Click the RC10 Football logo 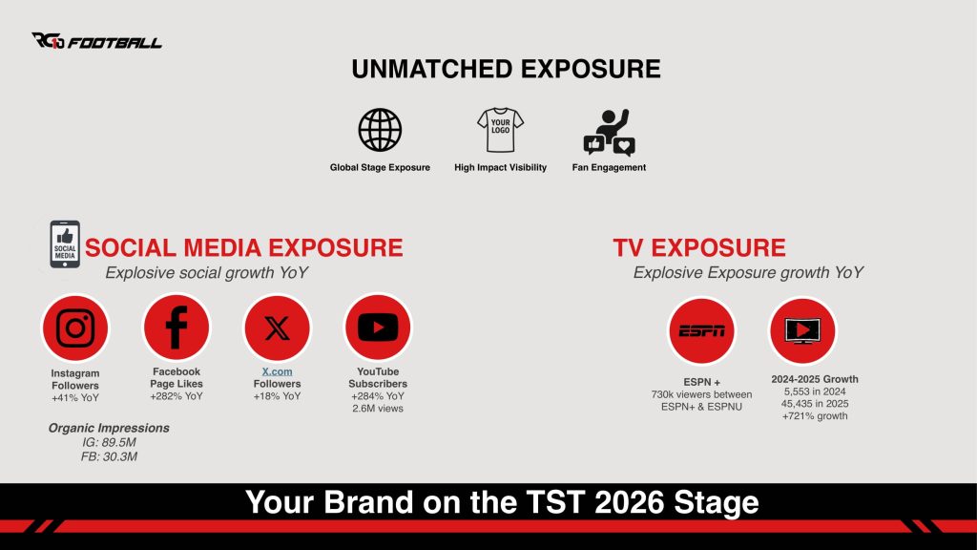click(96, 41)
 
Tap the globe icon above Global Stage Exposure click(380, 130)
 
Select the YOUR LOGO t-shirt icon click(500, 130)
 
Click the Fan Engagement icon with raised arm click(609, 132)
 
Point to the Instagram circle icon click(75, 328)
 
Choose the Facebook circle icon click(177, 327)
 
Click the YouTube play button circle click(378, 327)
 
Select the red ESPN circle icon click(701, 330)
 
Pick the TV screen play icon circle click(802, 330)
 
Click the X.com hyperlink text click(278, 371)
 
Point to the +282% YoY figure click(177, 396)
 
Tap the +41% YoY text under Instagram click(75, 398)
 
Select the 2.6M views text click(378, 409)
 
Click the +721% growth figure click(815, 416)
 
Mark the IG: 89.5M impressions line click(109, 442)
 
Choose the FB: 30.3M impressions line click(109, 456)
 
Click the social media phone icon click(65, 243)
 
